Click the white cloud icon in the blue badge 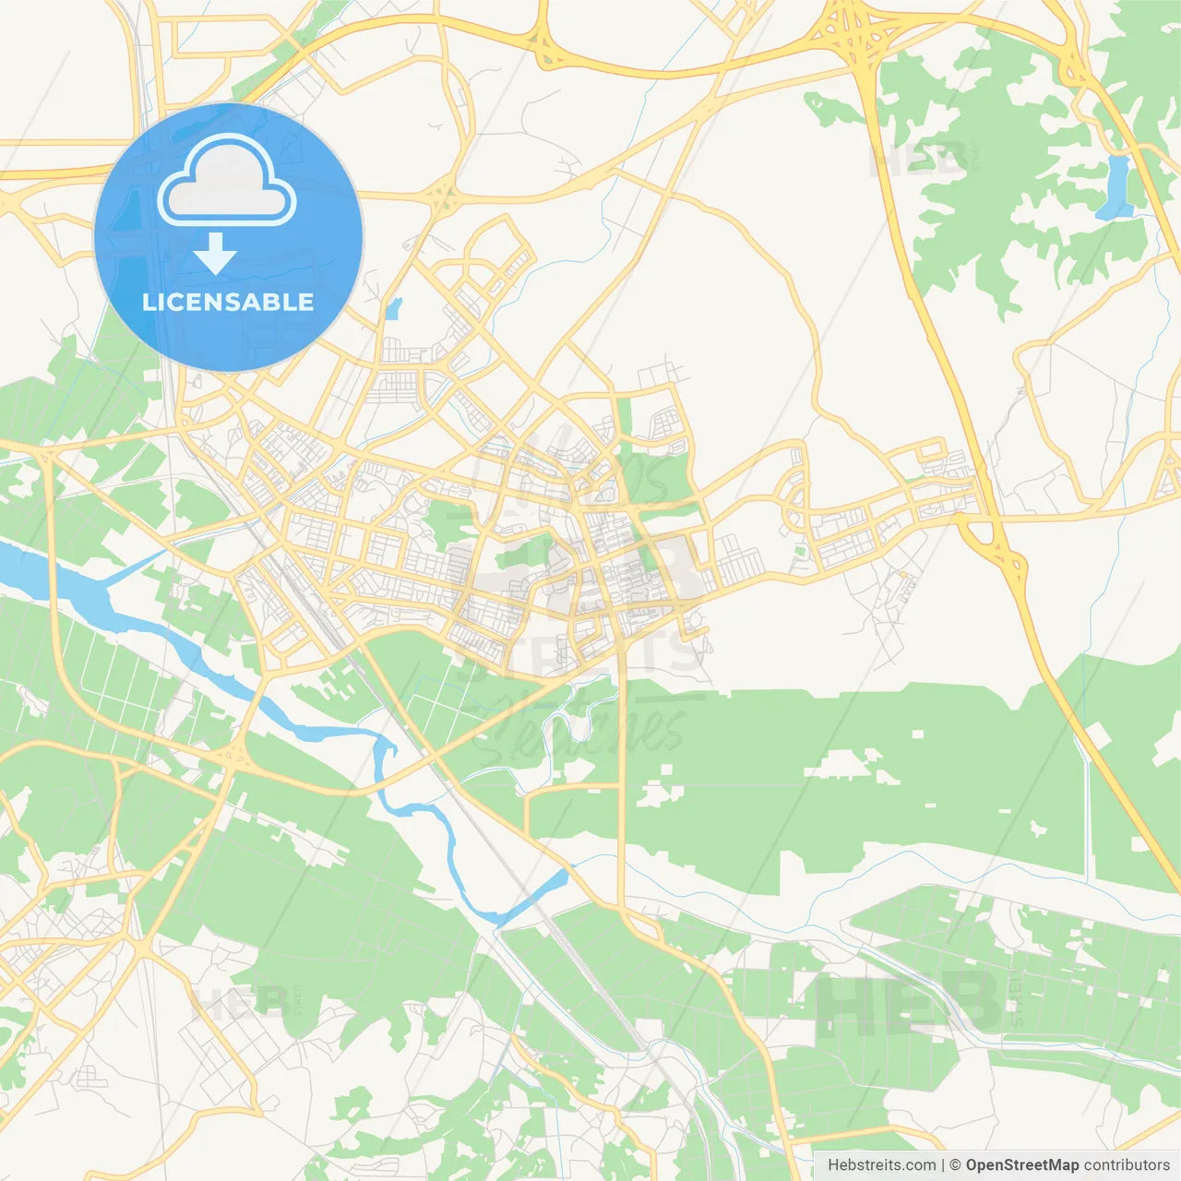point(226,181)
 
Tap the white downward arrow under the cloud point(215,253)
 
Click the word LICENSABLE point(228,302)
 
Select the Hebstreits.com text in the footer point(881,1165)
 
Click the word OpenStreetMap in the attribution point(1021,1165)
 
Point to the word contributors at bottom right point(1127,1165)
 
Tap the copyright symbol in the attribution point(955,1165)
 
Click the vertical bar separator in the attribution point(943,1165)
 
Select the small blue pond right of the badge point(394,308)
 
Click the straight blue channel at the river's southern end point(532,896)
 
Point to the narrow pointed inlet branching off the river point(134,567)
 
